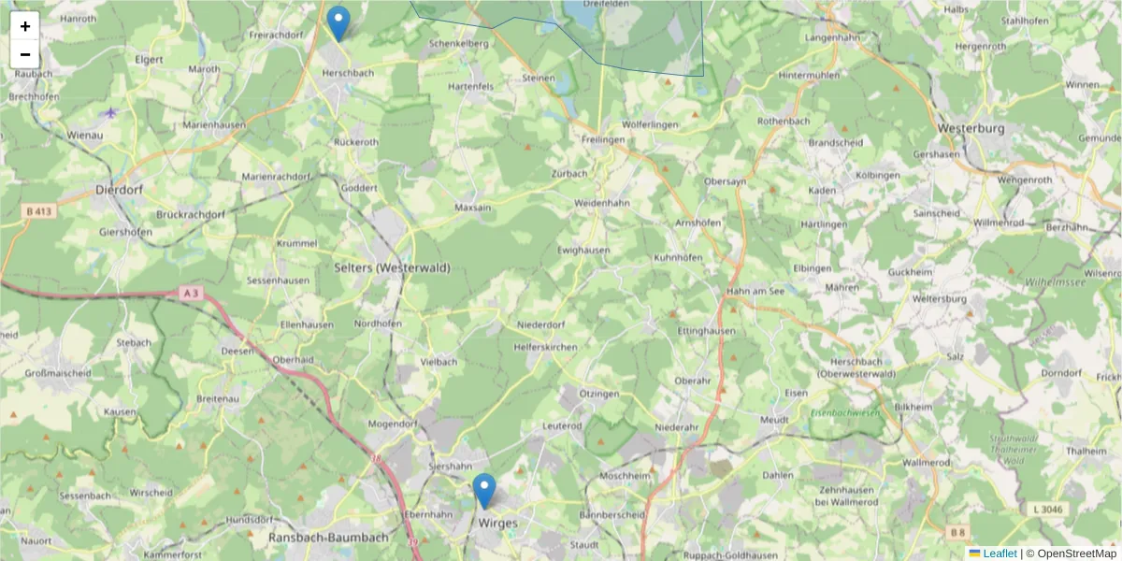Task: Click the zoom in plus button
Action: [25, 26]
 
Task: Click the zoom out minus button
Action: [25, 54]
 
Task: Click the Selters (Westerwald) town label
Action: [392, 267]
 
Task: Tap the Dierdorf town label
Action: [118, 189]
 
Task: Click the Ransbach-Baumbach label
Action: [327, 538]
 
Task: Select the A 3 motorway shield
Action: [191, 294]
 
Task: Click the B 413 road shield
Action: [40, 212]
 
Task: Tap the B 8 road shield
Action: [957, 533]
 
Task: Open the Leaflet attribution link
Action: [1000, 554]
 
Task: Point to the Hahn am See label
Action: [755, 291]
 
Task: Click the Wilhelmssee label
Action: [1053, 280]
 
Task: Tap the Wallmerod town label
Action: [927, 462]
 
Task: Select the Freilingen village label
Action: [602, 139]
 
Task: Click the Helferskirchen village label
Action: [545, 346]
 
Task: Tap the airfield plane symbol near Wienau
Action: [111, 112]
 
